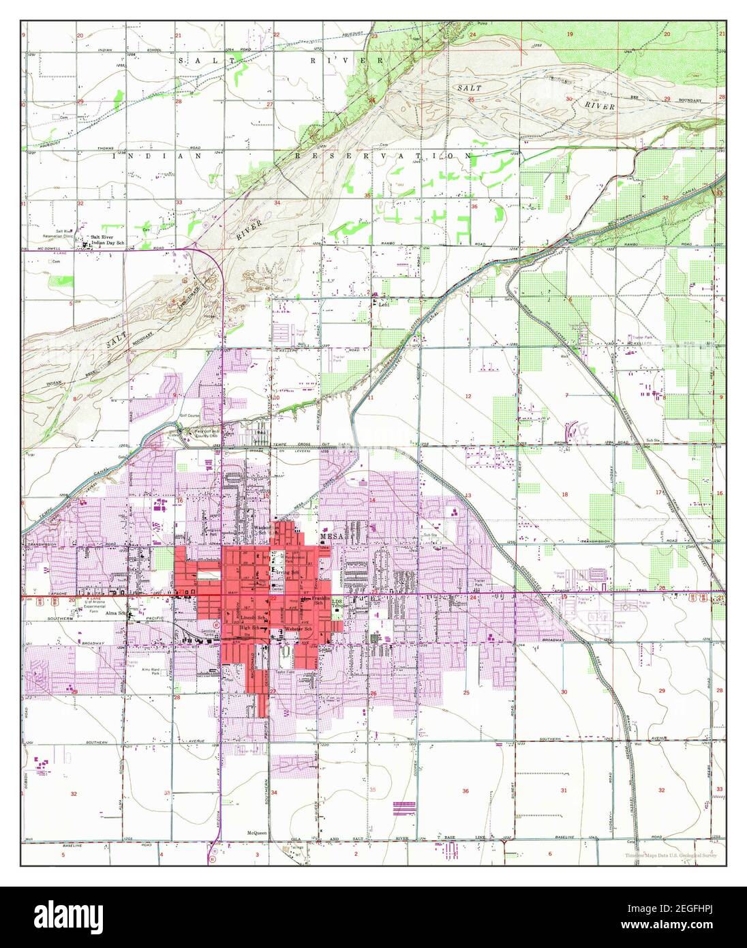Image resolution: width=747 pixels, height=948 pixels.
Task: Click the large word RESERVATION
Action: click(x=382, y=156)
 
